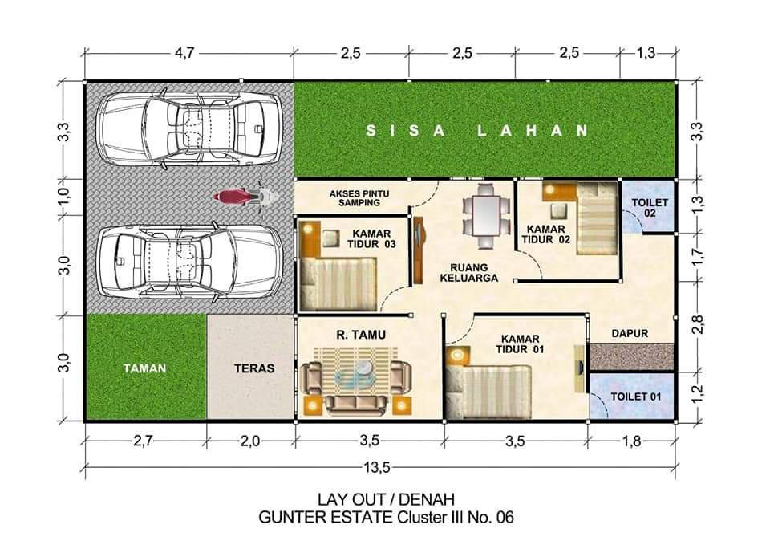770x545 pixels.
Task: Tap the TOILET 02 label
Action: tap(650, 207)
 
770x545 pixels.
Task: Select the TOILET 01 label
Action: tap(636, 396)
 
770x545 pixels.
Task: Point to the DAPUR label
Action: tap(630, 333)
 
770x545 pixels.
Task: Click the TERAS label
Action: tap(254, 368)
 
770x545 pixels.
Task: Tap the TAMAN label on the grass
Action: tap(144, 368)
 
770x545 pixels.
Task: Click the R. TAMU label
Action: tap(361, 335)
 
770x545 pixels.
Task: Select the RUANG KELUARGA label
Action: tap(469, 273)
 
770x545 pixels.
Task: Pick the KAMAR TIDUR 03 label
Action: tap(371, 239)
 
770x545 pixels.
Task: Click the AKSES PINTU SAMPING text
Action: tap(359, 198)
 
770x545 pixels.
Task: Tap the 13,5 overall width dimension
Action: tap(377, 467)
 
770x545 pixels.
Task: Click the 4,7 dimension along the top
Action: tap(184, 52)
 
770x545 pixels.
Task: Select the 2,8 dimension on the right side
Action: tap(698, 324)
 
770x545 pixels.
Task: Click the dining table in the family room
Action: tap(487, 215)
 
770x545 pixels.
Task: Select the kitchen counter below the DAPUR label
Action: tap(630, 357)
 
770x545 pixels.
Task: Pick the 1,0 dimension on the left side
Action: tap(65, 197)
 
